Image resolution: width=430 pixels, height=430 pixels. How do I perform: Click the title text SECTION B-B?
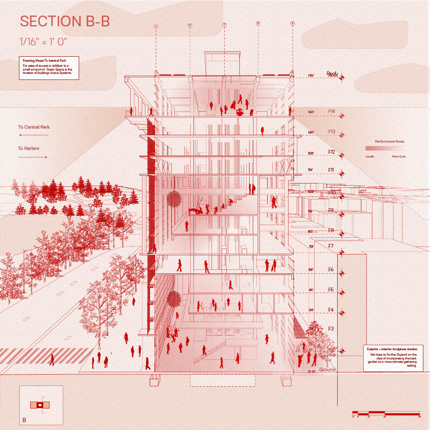tap(65, 21)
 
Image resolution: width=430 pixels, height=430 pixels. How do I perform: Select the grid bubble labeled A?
tap(156, 26)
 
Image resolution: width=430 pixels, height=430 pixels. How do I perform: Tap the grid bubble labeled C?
tap(224, 25)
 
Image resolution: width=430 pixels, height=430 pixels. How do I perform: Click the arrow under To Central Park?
tap(33, 135)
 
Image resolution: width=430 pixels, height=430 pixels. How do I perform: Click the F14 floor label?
tap(332, 112)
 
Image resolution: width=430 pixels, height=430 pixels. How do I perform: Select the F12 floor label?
tap(332, 152)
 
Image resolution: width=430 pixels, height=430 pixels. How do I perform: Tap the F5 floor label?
tap(331, 290)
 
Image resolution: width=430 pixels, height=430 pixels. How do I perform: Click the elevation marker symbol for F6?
tap(342, 273)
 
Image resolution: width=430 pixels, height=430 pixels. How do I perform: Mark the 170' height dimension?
tap(311, 76)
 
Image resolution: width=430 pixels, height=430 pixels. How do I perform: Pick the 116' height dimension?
tap(311, 170)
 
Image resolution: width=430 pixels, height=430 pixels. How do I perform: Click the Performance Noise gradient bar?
tap(385, 149)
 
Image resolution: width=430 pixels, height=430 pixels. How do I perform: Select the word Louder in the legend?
tap(370, 157)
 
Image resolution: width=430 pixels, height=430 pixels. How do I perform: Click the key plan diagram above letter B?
tap(40, 405)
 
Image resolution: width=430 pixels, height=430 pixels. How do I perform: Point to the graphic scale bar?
tap(386, 413)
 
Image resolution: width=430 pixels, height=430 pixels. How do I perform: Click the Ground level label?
tap(328, 370)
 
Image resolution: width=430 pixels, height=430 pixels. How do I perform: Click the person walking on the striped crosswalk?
tap(52, 359)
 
